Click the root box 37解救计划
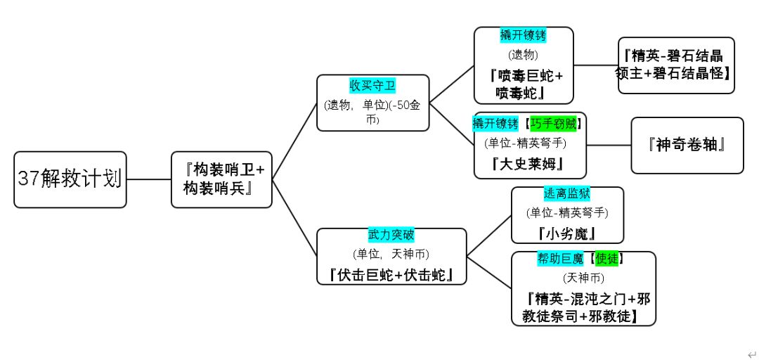coord(70,179)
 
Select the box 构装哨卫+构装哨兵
coord(221,179)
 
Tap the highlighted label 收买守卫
coord(372,86)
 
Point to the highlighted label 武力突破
coord(391,233)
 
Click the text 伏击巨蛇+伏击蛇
coord(391,274)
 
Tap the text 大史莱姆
coord(530,165)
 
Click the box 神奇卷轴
coord(687,146)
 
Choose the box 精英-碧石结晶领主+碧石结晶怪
coord(676,65)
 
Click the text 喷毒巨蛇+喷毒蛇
coord(524,83)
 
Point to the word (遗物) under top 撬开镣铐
coord(524,54)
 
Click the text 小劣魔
coord(567,233)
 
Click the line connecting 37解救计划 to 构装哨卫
coord(149,179)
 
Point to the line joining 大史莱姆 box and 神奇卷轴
coord(609,146)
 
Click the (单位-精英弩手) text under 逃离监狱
coord(567,212)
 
